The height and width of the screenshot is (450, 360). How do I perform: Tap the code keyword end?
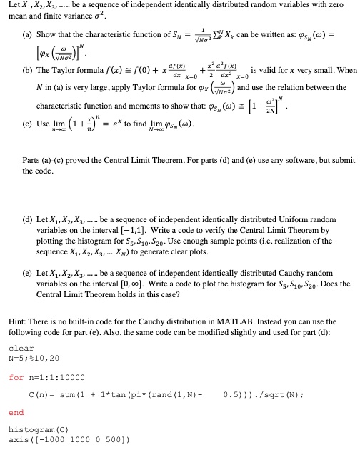18,412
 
